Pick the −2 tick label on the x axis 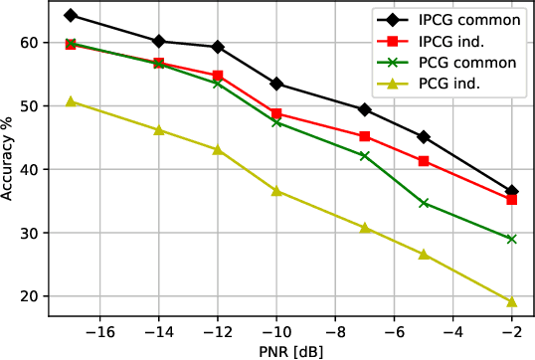click(x=511, y=330)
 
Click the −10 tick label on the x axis click(x=275, y=330)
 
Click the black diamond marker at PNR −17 click(x=71, y=16)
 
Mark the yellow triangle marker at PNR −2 click(x=511, y=302)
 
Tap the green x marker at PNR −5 click(x=424, y=203)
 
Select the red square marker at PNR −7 click(x=364, y=136)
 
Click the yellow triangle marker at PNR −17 click(x=71, y=101)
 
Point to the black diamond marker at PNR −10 click(x=276, y=84)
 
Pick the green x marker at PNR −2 click(x=511, y=239)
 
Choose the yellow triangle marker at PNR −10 click(x=276, y=191)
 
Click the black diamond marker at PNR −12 click(x=218, y=47)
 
